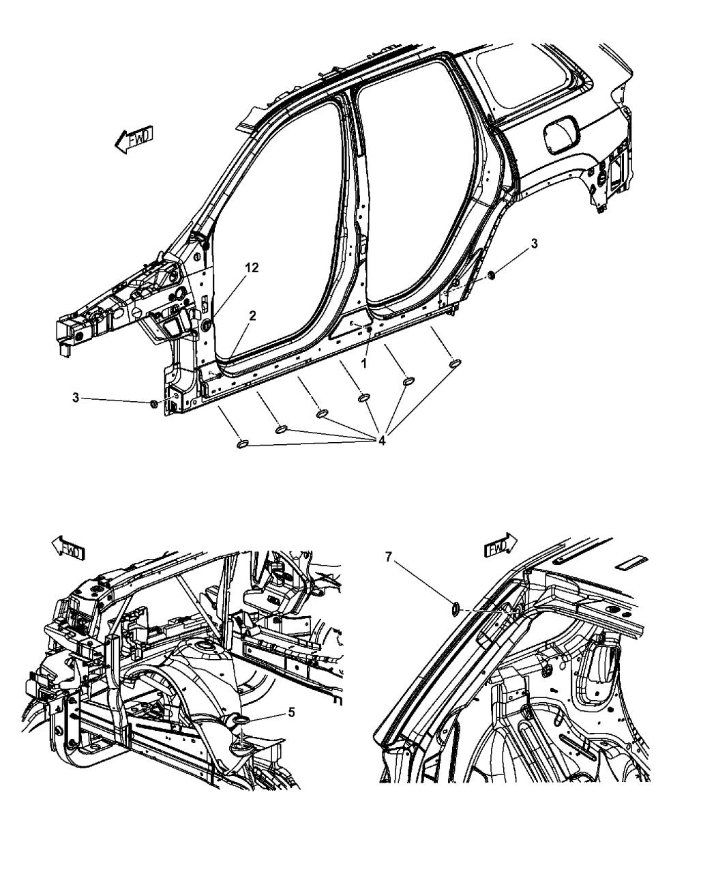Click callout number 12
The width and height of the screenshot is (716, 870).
pyautogui.click(x=252, y=268)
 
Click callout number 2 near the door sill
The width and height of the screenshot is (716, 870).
pyautogui.click(x=252, y=315)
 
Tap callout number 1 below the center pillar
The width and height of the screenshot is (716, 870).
pyautogui.click(x=364, y=364)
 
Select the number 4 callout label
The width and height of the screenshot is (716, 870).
pyautogui.click(x=383, y=441)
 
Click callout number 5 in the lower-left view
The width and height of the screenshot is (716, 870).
pyautogui.click(x=291, y=712)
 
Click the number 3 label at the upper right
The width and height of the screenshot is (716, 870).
pyautogui.click(x=535, y=243)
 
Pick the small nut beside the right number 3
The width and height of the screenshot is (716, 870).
pyautogui.click(x=491, y=275)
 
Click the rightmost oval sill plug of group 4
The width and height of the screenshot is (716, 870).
pyautogui.click(x=454, y=364)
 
